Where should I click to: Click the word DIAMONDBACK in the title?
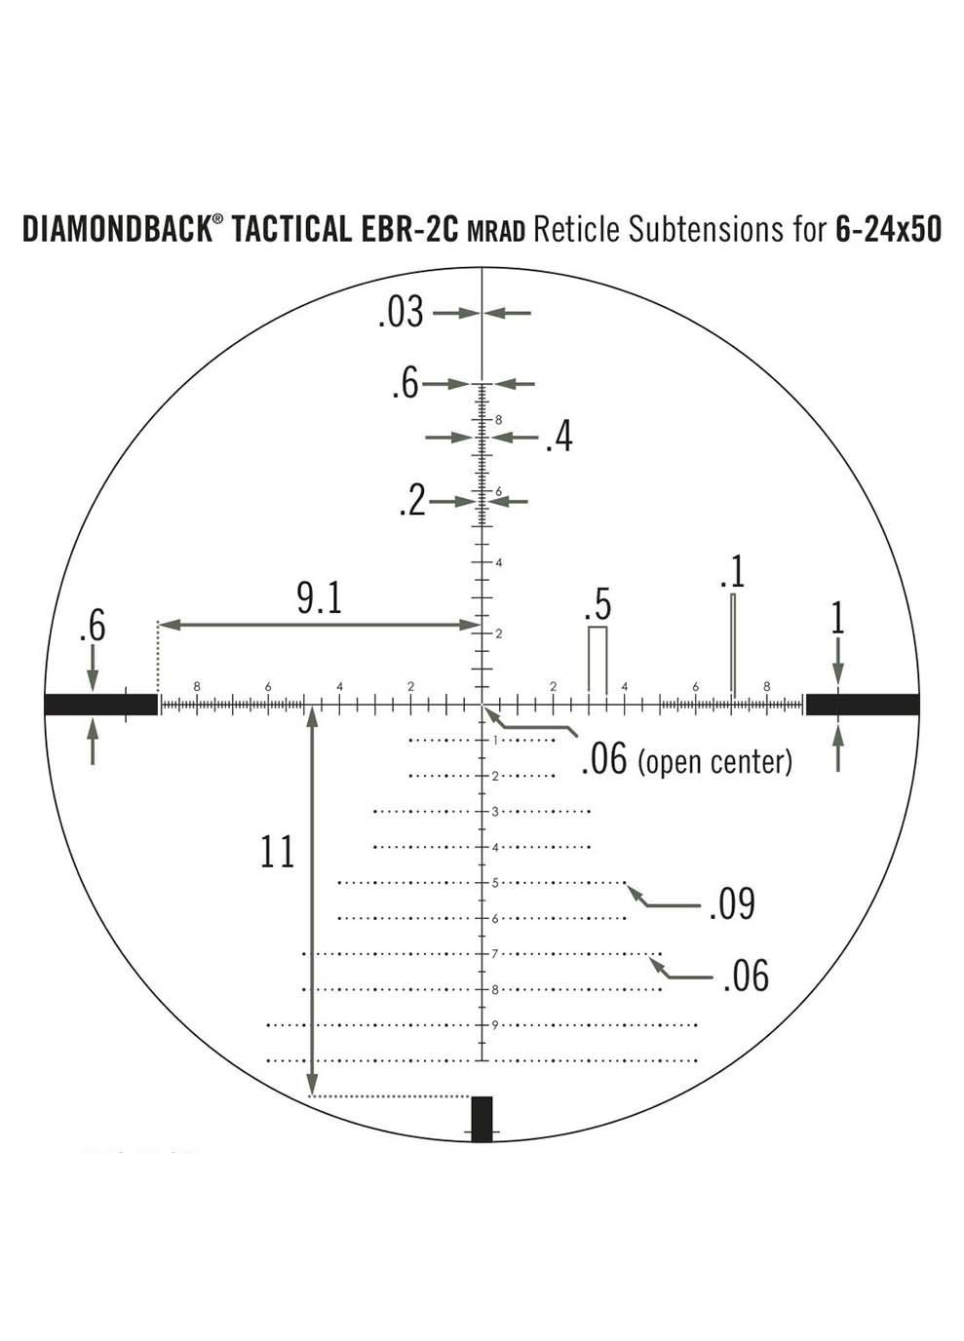point(116,230)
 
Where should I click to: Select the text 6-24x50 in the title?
point(888,230)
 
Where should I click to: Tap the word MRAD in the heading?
point(496,232)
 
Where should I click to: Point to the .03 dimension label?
point(401,313)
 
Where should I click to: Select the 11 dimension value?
point(277,852)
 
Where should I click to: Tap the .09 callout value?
point(731,904)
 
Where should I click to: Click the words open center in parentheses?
point(714,761)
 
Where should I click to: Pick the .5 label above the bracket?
point(597,605)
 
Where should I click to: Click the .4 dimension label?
point(559,438)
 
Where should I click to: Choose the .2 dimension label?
point(412,502)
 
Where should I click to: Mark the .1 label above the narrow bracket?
point(732,572)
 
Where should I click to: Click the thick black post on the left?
point(101,704)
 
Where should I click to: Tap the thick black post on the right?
point(862,704)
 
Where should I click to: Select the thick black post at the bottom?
point(482,1118)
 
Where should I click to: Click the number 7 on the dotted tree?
point(495,953)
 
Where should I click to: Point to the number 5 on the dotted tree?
point(495,883)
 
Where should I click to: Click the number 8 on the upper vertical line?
point(498,420)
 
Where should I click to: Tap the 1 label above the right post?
point(837,620)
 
